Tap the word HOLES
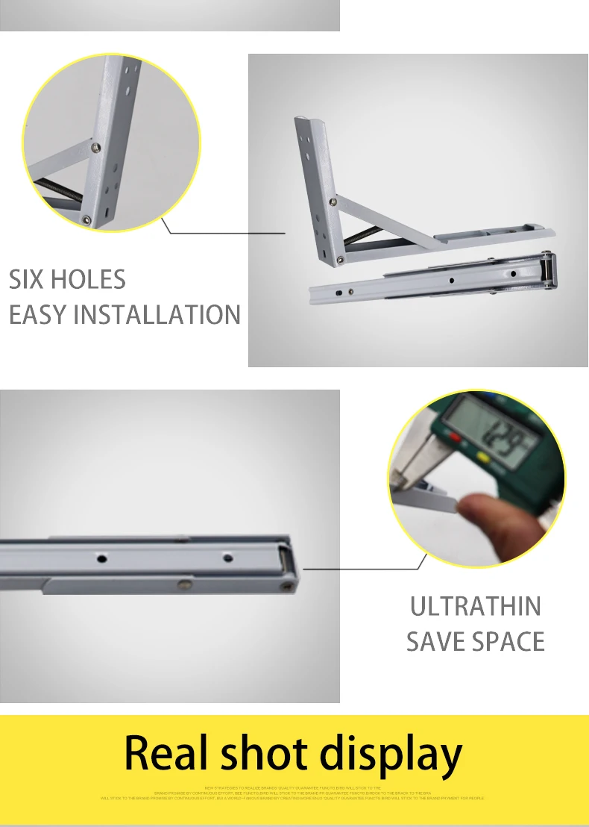pyautogui.click(x=87, y=280)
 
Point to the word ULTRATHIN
pyautogui.click(x=476, y=606)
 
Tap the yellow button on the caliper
pyautogui.click(x=482, y=457)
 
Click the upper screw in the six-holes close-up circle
pyautogui.click(x=96, y=148)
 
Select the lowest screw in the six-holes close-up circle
pyautogui.click(x=87, y=219)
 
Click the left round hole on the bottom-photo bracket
pyautogui.click(x=102, y=557)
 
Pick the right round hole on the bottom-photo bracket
pyautogui.click(x=227, y=557)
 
